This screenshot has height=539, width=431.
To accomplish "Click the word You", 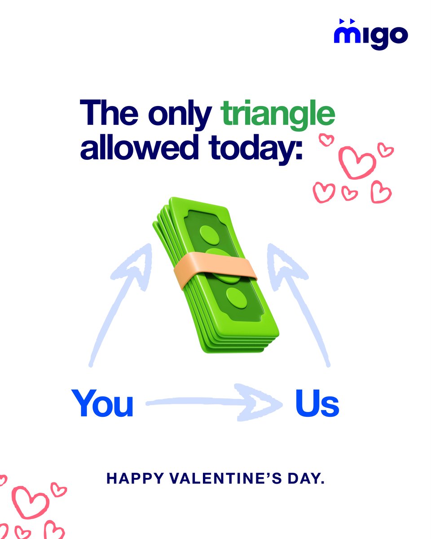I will (x=102, y=403).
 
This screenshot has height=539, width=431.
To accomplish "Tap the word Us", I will (x=317, y=403).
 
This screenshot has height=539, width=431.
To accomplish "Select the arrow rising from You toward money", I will (x=121, y=301).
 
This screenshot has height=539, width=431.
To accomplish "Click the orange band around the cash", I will (x=215, y=269).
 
